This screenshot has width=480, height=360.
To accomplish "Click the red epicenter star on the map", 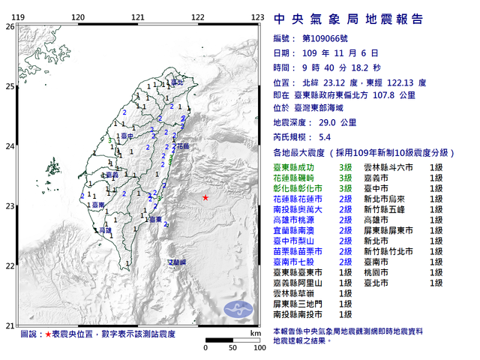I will click(205, 198).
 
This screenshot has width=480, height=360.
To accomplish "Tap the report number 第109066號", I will click(322, 38).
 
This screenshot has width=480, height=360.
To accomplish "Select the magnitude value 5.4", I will click(325, 137).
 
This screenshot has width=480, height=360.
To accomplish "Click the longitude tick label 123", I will click(257, 16).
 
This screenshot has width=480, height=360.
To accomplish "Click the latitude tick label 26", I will click(10, 26).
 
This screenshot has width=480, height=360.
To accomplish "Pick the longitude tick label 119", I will click(18, 16).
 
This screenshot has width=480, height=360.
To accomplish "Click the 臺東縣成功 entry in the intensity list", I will click(295, 168).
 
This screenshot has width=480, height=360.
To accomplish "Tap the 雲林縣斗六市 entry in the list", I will click(388, 168).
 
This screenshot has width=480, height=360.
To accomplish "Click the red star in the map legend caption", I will click(48, 332).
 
